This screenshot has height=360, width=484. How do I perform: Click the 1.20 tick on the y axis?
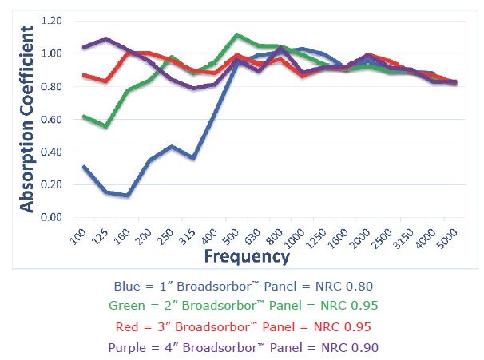coord(52,20)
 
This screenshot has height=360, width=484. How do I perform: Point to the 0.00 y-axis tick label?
coord(52,217)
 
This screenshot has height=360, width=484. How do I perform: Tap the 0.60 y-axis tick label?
coord(52,119)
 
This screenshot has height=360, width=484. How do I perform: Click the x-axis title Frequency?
coord(245,257)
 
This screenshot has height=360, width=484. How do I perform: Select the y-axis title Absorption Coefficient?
coord(26,119)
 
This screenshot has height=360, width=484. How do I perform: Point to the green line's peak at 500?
coord(237,35)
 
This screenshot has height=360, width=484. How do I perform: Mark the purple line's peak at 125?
coord(106,38)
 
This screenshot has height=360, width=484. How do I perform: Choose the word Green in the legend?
coord(125,306)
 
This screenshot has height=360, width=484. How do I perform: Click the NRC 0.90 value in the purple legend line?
coord(351,347)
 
